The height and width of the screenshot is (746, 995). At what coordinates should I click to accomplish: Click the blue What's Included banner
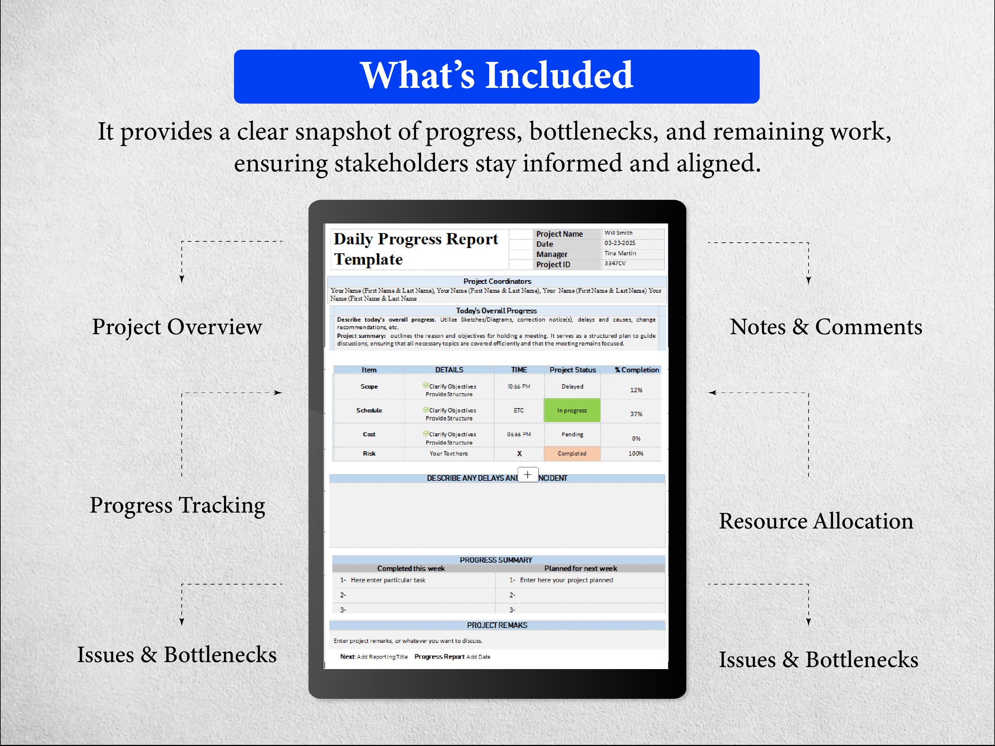point(497,77)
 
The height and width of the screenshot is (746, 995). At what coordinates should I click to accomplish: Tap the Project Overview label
point(177,327)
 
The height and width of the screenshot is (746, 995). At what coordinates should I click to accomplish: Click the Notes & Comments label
point(826,327)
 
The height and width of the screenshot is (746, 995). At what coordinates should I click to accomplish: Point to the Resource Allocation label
point(816,521)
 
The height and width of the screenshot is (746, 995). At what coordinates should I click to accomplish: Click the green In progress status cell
point(572,410)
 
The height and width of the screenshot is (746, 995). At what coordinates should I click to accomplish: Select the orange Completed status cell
point(572,454)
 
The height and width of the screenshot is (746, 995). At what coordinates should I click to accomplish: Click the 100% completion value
point(635,453)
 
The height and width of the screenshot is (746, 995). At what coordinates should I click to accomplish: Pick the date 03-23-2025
point(620,243)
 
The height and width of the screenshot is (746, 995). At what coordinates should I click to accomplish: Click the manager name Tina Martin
point(620,253)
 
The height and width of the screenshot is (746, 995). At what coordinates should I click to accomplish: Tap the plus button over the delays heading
point(528,474)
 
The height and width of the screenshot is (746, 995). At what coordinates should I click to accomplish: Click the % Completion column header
point(636,370)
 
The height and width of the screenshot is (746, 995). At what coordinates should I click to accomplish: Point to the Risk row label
point(369,453)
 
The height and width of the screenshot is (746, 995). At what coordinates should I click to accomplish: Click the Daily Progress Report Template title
point(415,249)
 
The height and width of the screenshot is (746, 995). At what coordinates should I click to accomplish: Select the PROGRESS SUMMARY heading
point(496,560)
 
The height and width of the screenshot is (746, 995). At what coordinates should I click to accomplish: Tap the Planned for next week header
point(580,568)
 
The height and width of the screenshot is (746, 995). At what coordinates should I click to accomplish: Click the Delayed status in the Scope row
point(572,386)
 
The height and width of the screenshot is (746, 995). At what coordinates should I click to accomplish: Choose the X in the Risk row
point(519,454)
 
